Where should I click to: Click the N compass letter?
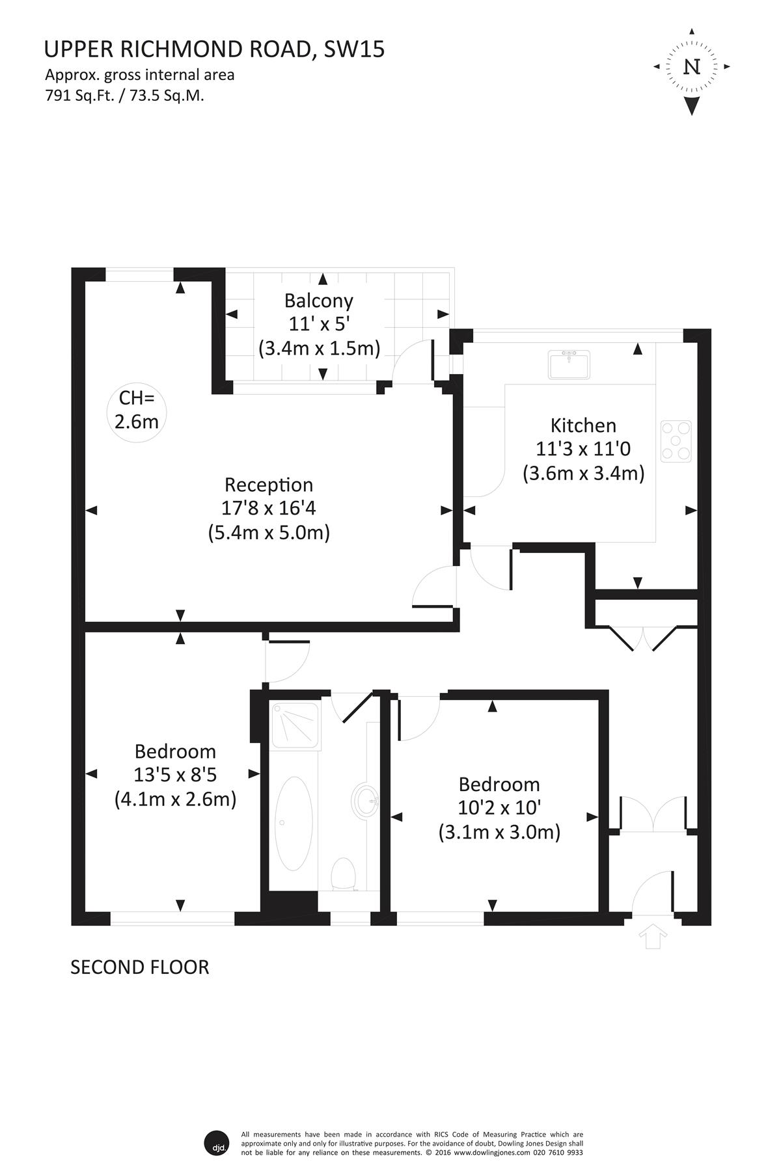click(692, 67)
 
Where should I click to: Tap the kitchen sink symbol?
click(569, 364)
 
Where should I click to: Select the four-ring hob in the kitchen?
click(676, 441)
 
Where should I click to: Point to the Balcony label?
click(319, 301)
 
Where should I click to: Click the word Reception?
click(269, 485)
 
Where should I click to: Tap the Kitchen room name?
click(583, 425)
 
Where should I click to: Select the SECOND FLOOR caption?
click(140, 967)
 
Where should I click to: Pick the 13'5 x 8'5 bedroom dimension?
click(175, 775)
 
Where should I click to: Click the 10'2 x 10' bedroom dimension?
click(499, 808)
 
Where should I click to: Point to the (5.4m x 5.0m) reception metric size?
click(269, 533)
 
